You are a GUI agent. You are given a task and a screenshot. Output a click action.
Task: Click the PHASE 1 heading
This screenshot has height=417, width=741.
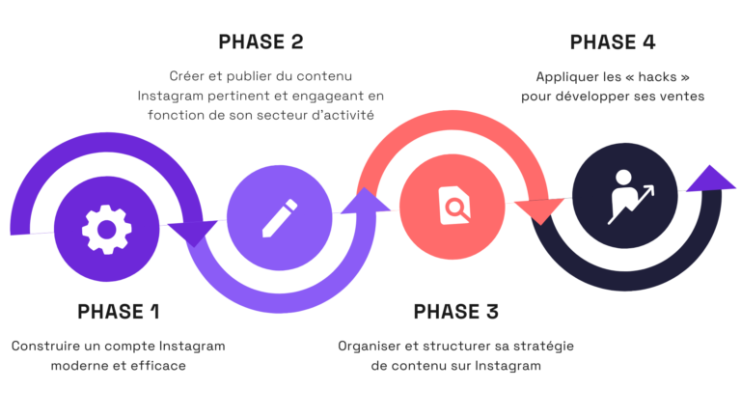118,312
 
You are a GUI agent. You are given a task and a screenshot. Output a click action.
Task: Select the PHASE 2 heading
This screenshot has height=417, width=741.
261,42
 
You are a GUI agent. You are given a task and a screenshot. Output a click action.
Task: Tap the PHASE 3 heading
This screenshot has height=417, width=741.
455,312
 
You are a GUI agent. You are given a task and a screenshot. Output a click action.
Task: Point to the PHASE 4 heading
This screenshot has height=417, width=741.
614,42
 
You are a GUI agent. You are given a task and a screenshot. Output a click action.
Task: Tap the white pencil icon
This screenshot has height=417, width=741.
273,217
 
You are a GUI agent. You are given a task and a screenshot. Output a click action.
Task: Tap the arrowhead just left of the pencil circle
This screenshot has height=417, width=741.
193,233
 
